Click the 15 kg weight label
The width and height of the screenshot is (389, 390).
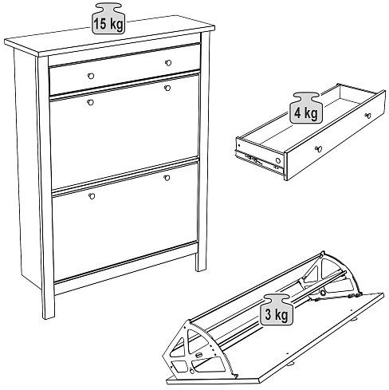(x=108, y=18)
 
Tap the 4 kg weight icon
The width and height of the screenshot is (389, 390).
(x=306, y=108)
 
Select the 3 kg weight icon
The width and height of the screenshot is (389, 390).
(x=277, y=309)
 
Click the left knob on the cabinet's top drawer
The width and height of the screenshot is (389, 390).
(x=91, y=76)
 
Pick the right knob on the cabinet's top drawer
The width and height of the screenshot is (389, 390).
(x=168, y=63)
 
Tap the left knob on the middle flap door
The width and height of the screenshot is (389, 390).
(x=91, y=102)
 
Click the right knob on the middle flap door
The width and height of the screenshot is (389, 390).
(x=167, y=88)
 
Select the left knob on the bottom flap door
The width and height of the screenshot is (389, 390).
(x=92, y=196)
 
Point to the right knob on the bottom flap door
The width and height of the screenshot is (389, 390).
(x=167, y=178)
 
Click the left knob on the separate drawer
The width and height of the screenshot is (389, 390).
(x=318, y=149)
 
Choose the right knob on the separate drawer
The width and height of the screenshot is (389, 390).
(x=368, y=116)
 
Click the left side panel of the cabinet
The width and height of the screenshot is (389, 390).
(x=26, y=167)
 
